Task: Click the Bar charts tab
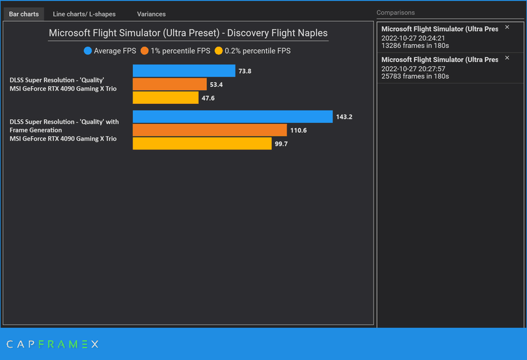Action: pos(24,14)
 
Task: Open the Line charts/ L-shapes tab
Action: pos(84,14)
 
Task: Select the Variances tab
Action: pos(152,14)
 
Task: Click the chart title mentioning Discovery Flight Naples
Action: pos(188,33)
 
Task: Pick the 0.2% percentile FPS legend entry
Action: pos(252,51)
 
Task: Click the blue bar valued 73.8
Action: pos(184,70)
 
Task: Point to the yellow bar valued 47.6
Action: pos(165,98)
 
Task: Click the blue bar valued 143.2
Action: pos(233,116)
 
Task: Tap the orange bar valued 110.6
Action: pos(209,130)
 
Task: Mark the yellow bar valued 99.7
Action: pos(202,143)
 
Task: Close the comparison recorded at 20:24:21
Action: pos(507,27)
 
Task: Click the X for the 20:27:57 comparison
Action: pos(507,58)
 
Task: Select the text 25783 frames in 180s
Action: pos(415,76)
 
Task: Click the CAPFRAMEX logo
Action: pos(52,344)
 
